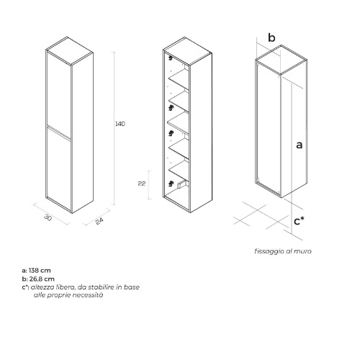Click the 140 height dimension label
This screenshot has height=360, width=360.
[120, 124]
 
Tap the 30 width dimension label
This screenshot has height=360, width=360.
[48, 217]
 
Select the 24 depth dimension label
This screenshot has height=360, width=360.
[99, 221]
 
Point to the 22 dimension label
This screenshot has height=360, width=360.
[142, 184]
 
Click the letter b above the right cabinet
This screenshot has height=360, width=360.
[271, 37]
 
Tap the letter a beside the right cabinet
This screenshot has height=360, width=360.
[299, 145]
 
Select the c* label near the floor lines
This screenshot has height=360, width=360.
[299, 221]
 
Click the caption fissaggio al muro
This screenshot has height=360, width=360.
[283, 251]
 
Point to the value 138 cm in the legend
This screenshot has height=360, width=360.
[40, 271]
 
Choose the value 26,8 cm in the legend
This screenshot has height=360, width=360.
[42, 279]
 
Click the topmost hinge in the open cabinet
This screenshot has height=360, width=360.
[171, 58]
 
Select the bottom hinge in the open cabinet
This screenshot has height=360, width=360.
[171, 184]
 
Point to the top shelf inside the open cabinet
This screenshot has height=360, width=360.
[179, 79]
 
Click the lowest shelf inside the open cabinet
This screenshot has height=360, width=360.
[179, 170]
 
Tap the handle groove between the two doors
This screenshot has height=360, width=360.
[59, 132]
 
